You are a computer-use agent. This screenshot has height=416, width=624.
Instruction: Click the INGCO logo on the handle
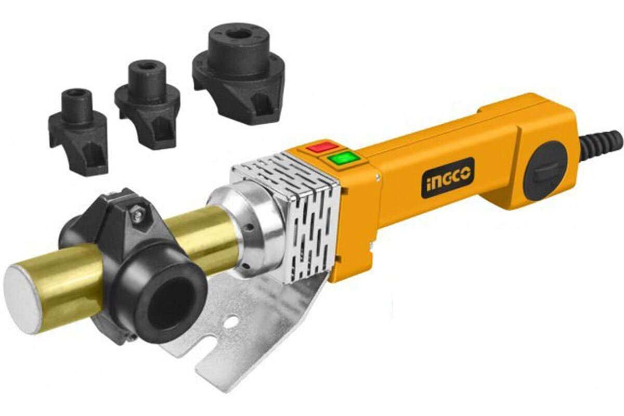click(447, 177)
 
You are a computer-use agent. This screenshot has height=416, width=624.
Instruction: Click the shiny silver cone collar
click(250, 229)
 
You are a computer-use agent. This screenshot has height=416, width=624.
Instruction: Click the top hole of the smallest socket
click(76, 93)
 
